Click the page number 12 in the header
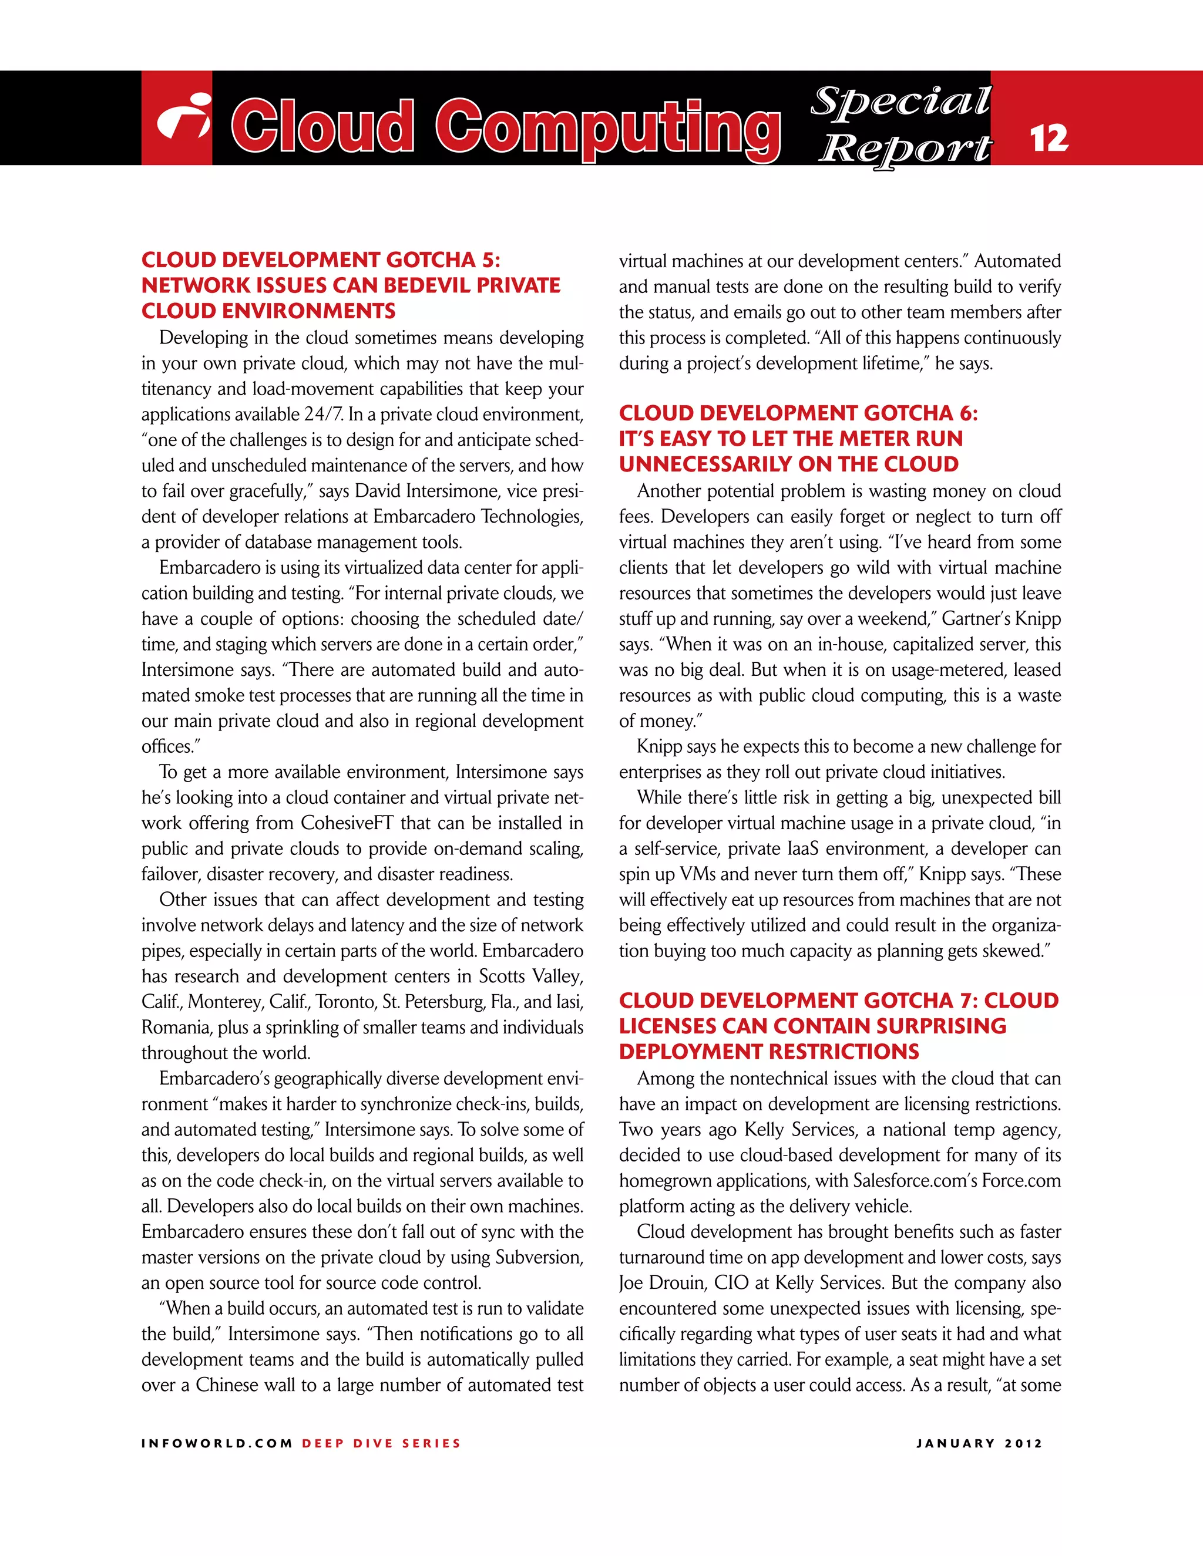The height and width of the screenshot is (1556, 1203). click(1049, 137)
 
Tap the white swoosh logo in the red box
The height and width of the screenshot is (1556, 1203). click(183, 117)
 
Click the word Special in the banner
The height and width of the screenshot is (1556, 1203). click(902, 101)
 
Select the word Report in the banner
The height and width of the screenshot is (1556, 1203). click(905, 149)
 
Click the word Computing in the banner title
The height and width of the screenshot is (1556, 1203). click(608, 127)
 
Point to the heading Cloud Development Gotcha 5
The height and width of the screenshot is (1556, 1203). click(321, 260)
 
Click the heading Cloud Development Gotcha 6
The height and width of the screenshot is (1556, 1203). click(798, 413)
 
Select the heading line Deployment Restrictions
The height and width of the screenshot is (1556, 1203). click(769, 1052)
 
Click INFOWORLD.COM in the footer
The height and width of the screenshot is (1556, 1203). click(217, 1443)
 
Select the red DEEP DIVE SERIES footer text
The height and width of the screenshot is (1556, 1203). click(381, 1443)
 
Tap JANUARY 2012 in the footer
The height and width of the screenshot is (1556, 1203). click(979, 1443)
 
